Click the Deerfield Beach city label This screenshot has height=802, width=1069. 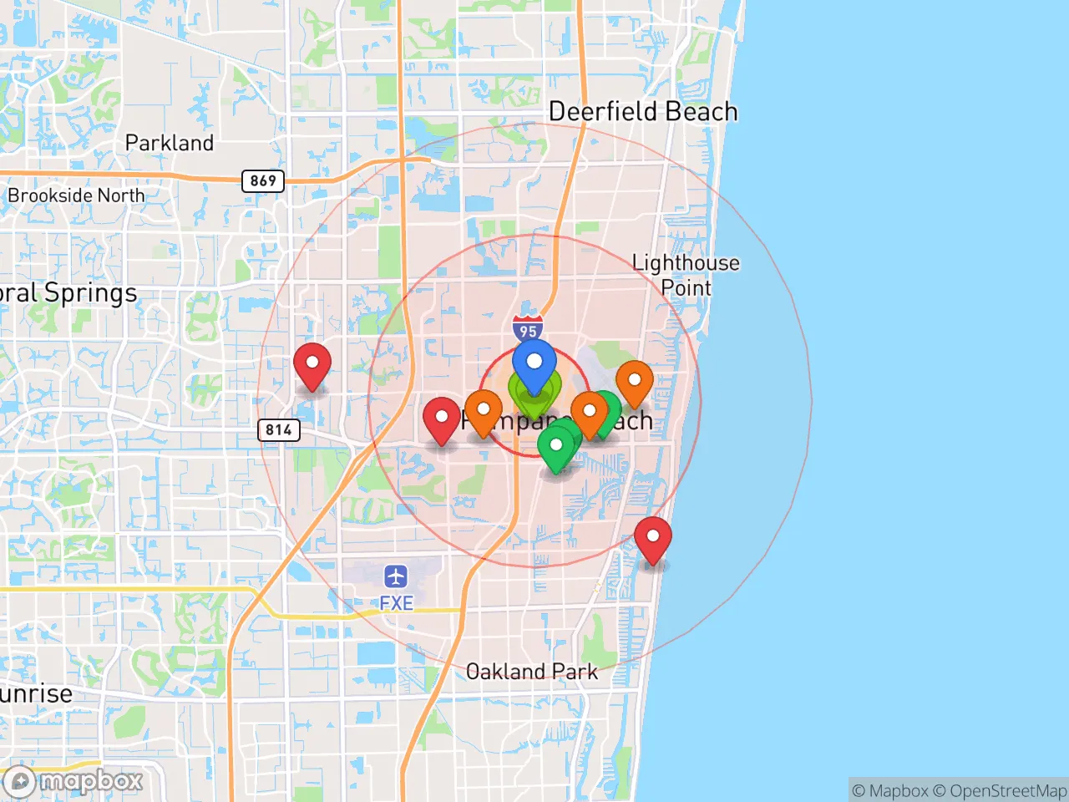643,111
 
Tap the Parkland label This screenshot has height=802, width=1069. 169,143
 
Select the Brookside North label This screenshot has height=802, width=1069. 76,195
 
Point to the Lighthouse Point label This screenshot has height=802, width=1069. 686,275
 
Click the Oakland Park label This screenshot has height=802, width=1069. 531,672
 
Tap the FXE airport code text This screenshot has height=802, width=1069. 396,603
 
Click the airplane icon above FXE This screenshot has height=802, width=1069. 396,576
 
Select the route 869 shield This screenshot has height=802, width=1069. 263,180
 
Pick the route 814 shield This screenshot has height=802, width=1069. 278,430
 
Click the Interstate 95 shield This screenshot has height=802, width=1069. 528,328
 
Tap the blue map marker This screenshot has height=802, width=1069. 534,364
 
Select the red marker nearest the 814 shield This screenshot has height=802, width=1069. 312,364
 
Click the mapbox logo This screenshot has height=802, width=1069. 74,781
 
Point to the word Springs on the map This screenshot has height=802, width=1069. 90,294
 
